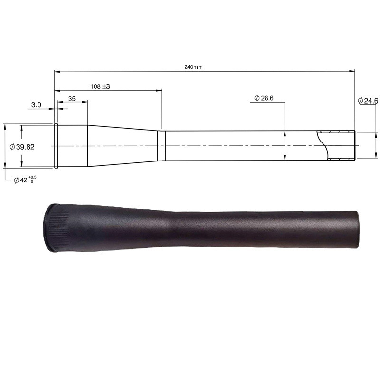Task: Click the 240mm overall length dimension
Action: point(193,67)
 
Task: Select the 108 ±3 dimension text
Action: point(100,86)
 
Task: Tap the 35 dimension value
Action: point(72,99)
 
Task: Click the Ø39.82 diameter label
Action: point(22,147)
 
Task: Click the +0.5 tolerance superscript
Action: point(33,177)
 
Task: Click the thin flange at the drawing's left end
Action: point(57,146)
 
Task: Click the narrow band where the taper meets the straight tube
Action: point(161,145)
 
